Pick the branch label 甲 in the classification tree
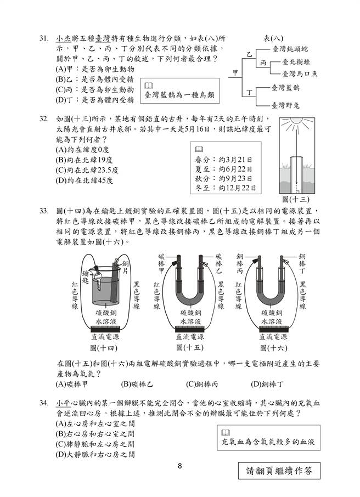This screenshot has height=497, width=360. [x=235, y=72]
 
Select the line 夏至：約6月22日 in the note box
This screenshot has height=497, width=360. [x=224, y=169]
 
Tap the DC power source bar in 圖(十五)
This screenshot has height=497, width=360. [x=190, y=329]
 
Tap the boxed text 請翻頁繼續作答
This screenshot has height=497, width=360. [x=279, y=470]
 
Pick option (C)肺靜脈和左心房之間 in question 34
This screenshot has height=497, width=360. [x=95, y=444]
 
